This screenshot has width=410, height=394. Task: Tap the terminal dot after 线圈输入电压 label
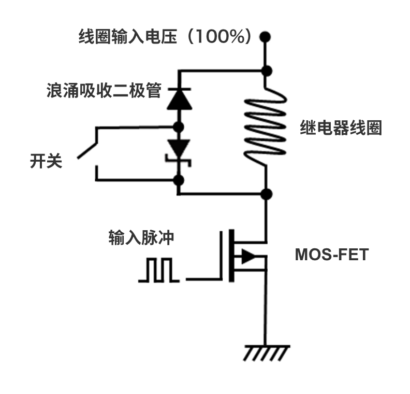click(x=266, y=37)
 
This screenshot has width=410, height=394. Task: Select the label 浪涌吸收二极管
click(x=104, y=93)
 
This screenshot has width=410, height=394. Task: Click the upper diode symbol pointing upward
click(x=179, y=98)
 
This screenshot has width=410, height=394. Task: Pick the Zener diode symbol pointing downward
click(x=179, y=151)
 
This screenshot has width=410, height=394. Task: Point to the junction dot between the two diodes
click(x=179, y=126)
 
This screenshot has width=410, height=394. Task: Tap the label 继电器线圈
click(x=341, y=128)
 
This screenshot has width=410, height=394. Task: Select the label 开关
click(x=46, y=161)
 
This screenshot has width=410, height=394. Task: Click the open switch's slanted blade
click(x=89, y=148)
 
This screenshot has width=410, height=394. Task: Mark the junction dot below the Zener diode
click(x=179, y=180)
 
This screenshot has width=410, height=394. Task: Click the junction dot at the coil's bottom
click(x=266, y=194)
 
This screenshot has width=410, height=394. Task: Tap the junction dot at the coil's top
click(x=266, y=71)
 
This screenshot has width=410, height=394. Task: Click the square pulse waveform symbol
click(x=159, y=271)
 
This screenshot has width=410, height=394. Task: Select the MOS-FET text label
click(x=331, y=255)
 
